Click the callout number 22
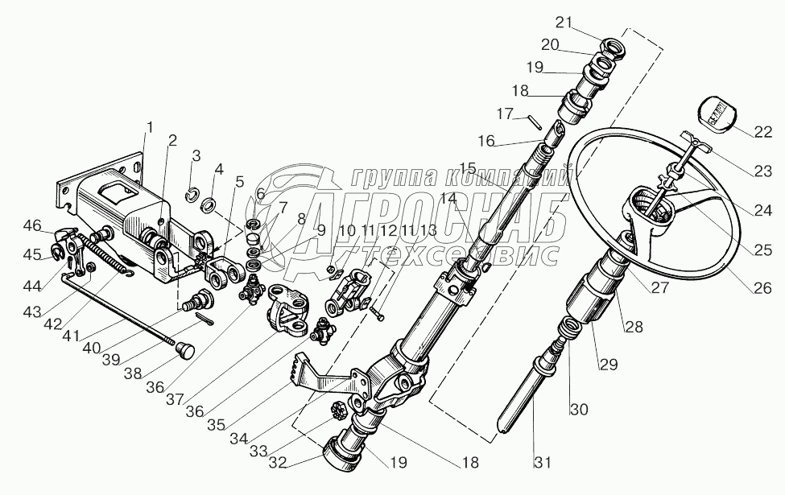click(762, 131)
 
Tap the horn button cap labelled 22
click(713, 113)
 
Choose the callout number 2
click(172, 140)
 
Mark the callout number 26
click(762, 286)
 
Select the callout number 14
click(448, 197)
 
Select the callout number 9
click(320, 230)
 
